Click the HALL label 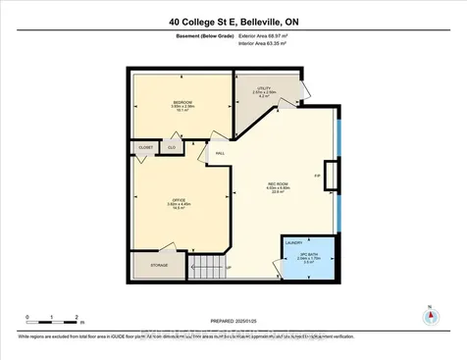click(x=220, y=153)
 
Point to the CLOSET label click(x=144, y=148)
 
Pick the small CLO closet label click(x=171, y=147)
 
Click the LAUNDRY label click(x=293, y=241)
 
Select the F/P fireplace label click(x=317, y=176)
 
